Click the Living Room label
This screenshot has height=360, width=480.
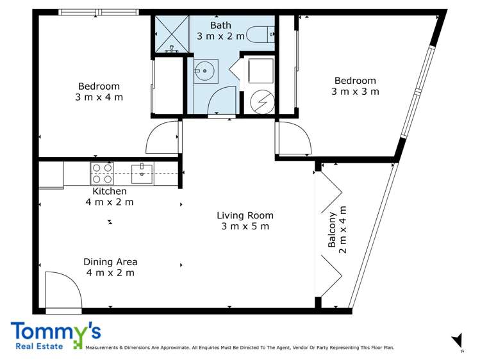[245, 215]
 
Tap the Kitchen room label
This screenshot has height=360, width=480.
[110, 191]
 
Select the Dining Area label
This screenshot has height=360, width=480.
[110, 262]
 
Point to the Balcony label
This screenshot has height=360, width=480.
[332, 229]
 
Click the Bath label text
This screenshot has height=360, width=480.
[220, 25]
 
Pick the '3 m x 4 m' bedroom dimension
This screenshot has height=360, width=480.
[99, 97]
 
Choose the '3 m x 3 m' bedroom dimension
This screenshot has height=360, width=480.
[355, 92]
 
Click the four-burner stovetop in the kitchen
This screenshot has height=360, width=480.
[102, 173]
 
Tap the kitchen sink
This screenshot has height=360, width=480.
[142, 174]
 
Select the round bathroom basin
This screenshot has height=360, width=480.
[205, 71]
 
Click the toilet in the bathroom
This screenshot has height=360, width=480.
[260, 35]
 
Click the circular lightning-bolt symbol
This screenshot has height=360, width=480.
[262, 102]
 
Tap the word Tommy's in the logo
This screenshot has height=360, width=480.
[56, 332]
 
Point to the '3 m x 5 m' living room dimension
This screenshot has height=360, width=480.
[245, 226]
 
